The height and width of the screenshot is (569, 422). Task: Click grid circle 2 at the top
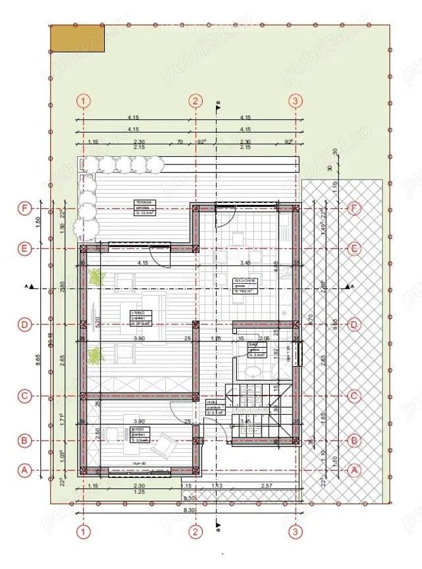196,101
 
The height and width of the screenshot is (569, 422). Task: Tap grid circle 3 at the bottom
295,532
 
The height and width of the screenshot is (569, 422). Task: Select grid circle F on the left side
25,208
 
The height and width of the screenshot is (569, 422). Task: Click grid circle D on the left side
25,325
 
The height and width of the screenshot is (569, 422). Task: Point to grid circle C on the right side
354,396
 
